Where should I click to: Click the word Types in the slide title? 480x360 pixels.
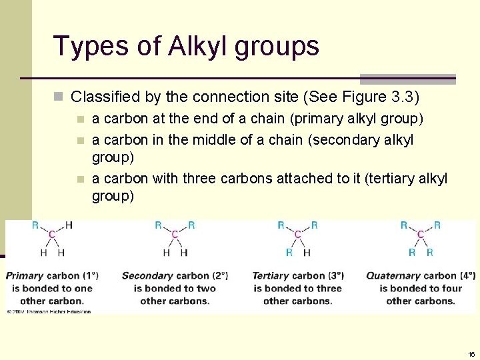tap(83, 46)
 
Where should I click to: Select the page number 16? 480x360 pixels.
tap(471, 354)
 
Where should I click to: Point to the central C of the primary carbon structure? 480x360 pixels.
tap(52, 235)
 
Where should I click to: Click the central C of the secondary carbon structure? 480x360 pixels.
tap(175, 235)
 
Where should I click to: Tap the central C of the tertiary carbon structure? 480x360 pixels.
tap(297, 235)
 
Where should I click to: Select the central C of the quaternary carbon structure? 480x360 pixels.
tap(421, 235)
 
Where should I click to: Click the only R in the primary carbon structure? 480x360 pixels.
tap(35, 225)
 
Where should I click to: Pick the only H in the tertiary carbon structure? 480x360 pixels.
tap(307, 253)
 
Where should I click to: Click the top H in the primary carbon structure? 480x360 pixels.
tap(69, 225)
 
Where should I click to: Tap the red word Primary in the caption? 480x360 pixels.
tap(25, 275)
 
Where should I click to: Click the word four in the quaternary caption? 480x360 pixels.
tap(451, 288)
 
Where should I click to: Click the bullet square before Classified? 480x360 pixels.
tap(59, 97)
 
